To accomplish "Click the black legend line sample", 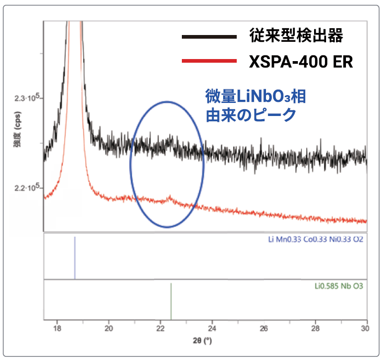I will pyautogui.click(x=209, y=37).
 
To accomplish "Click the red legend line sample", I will pyautogui.click(x=209, y=61).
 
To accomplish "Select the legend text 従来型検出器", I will pyautogui.click(x=296, y=37).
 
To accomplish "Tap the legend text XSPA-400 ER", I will pyautogui.click(x=301, y=62).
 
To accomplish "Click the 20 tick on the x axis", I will pyautogui.click(x=108, y=328).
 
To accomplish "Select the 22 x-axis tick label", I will pyautogui.click(x=160, y=328).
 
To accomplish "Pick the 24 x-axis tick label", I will pyautogui.click(x=212, y=328).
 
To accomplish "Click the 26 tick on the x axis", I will pyautogui.click(x=263, y=328).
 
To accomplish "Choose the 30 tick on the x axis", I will pyautogui.click(x=365, y=328).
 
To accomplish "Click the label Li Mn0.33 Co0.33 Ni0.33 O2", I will pyautogui.click(x=315, y=240).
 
